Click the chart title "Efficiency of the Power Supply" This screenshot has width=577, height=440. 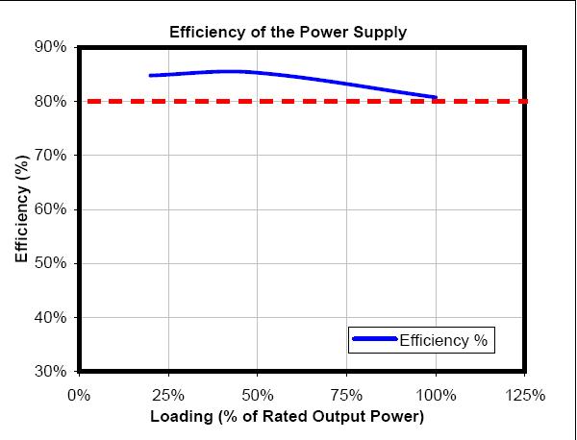pos(288,32)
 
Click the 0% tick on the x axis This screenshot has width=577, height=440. pos(79,395)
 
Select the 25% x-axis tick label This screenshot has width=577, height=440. pos(168,395)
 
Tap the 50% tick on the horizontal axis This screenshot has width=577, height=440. pos(258,395)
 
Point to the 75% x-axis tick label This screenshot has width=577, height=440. pos(346,395)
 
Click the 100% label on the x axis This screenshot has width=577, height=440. pos(436,395)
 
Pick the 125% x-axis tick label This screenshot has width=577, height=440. pos(525,395)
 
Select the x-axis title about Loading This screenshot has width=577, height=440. pos(287,418)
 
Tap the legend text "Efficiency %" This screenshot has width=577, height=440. pos(444,339)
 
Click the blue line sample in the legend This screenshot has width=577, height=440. pos(374,339)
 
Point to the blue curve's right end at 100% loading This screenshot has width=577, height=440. pos(436,97)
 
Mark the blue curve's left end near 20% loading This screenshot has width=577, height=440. pos(151,75)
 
